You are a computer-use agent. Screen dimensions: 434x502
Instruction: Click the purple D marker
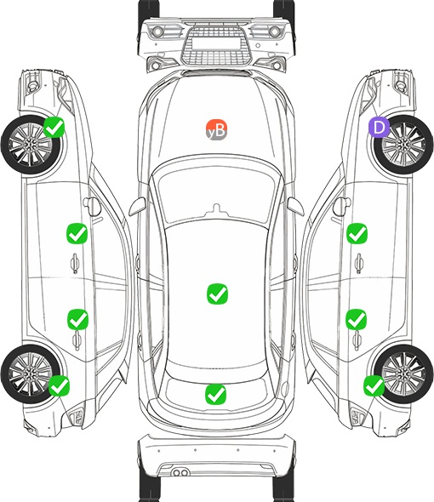click(x=379, y=127)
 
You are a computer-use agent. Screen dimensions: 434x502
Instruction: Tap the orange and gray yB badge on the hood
click(x=216, y=129)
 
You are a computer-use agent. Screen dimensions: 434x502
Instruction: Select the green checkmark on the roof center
click(x=218, y=294)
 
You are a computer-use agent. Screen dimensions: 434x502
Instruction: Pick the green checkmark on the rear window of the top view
click(x=215, y=394)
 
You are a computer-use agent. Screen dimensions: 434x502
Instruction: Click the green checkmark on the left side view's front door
click(x=77, y=233)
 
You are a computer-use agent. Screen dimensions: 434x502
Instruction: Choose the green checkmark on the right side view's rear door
click(x=357, y=319)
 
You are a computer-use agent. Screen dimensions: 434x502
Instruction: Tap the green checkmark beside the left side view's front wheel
click(x=54, y=127)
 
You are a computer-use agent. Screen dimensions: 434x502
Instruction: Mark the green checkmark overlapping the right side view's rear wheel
click(x=374, y=385)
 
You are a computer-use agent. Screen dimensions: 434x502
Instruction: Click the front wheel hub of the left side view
click(x=30, y=145)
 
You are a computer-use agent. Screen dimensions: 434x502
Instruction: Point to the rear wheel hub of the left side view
click(x=30, y=374)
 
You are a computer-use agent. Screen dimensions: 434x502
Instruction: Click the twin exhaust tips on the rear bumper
click(x=180, y=472)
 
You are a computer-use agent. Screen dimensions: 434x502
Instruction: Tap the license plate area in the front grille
click(x=216, y=43)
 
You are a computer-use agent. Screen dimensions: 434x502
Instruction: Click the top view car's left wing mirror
click(x=137, y=207)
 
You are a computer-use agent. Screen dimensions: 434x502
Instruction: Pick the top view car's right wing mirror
click(x=294, y=206)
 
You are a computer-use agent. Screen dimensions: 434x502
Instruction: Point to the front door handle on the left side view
click(x=75, y=263)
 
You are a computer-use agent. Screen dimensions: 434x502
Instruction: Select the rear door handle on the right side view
click(x=357, y=341)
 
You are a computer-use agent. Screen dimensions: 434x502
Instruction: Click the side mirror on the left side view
click(x=92, y=206)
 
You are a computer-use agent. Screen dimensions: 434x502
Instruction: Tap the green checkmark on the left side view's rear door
click(x=77, y=319)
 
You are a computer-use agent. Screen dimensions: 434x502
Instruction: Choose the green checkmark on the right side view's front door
click(x=357, y=233)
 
